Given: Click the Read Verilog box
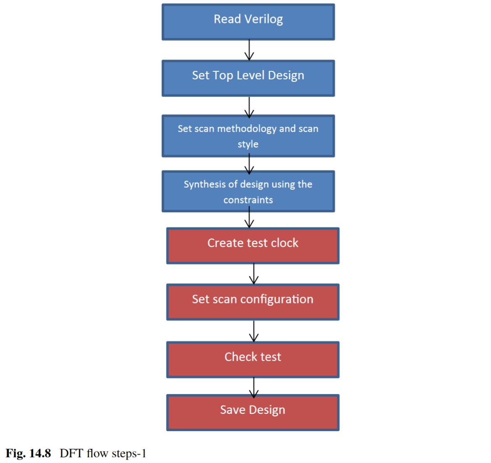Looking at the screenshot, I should (x=248, y=22).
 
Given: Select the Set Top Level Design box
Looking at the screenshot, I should (x=248, y=78).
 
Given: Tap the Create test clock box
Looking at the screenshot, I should (x=253, y=246).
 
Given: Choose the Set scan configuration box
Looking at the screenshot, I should (x=253, y=302).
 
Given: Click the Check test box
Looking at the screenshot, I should (x=253, y=359).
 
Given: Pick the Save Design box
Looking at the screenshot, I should (x=253, y=412).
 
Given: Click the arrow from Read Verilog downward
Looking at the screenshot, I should (x=249, y=50).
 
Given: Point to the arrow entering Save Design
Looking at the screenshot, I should (x=254, y=387).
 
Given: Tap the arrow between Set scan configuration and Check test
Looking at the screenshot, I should (x=254, y=331).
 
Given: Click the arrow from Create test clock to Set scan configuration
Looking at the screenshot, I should (x=254, y=274).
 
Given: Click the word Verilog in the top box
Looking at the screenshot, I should (x=264, y=19).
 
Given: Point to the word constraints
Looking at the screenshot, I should (x=248, y=200).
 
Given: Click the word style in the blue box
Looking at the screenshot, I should (x=248, y=144).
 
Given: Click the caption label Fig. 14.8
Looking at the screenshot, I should (x=28, y=453).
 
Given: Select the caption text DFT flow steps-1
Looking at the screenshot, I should (x=103, y=453).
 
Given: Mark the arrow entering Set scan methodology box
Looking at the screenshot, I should (x=249, y=107).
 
